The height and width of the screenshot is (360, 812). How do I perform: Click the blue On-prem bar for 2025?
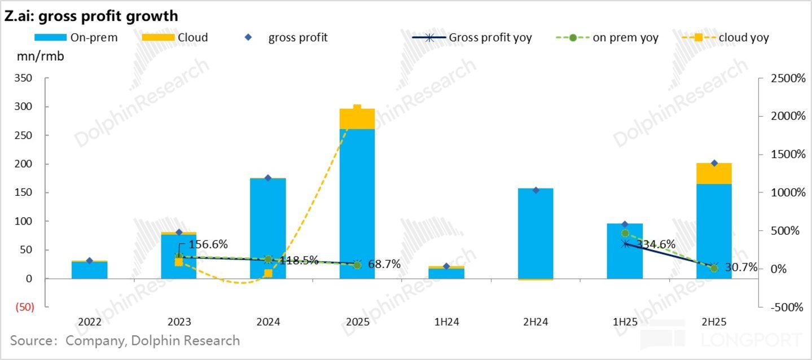pyautogui.click(x=357, y=203)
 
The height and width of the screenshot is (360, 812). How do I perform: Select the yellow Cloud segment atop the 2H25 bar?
pyautogui.click(x=714, y=174)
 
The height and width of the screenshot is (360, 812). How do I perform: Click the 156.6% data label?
pyautogui.click(x=208, y=244)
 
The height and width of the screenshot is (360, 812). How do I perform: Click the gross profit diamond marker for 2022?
pyautogui.click(x=89, y=261)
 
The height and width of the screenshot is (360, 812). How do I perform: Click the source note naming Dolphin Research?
pyautogui.click(x=125, y=341)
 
